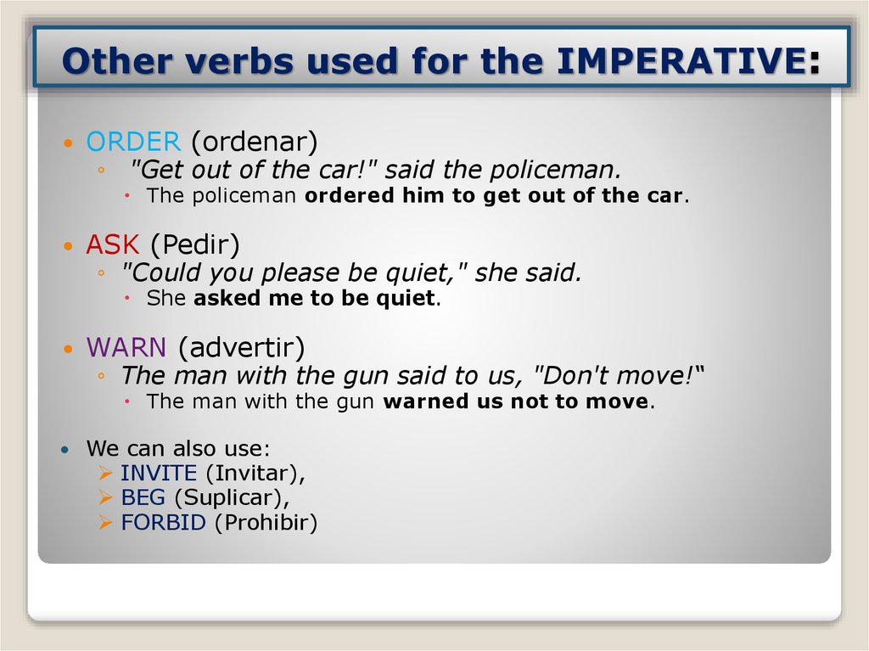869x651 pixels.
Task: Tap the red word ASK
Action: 112,245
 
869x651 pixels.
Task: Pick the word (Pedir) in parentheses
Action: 195,245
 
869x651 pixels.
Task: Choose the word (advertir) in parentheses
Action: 241,347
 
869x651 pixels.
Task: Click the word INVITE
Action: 159,473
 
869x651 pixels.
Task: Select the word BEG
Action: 143,497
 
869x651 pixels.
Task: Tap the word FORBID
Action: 163,522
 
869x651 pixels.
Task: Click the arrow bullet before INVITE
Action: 106,473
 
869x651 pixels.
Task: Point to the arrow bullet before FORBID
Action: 106,522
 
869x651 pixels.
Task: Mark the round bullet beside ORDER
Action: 69,143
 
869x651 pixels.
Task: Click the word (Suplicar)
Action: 233,497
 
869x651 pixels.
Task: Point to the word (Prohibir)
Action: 266,522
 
